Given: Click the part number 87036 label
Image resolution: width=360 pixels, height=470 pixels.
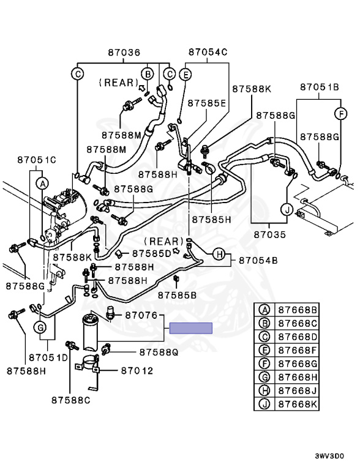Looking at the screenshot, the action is coord(124,53).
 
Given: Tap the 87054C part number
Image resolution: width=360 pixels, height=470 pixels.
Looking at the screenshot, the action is coord(208,52).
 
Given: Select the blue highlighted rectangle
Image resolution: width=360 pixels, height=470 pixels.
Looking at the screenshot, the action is coord(191,328).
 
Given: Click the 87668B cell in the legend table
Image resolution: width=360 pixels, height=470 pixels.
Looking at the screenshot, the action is coord(298,310).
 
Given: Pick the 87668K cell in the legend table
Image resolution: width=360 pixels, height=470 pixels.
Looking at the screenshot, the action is coord(298,404).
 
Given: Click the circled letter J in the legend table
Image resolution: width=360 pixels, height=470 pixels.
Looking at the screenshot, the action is coord(264,404).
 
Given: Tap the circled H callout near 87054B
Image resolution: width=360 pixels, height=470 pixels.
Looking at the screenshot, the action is coord(219,255).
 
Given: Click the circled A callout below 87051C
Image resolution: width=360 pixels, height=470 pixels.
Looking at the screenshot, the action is coord(42,184).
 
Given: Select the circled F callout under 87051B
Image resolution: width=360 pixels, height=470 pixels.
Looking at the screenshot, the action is coord(341,114).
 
